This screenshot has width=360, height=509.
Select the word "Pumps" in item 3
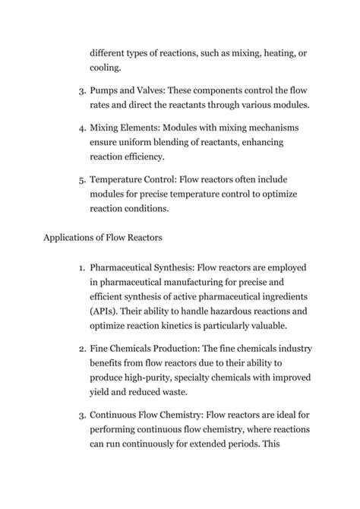coord(106,91)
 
